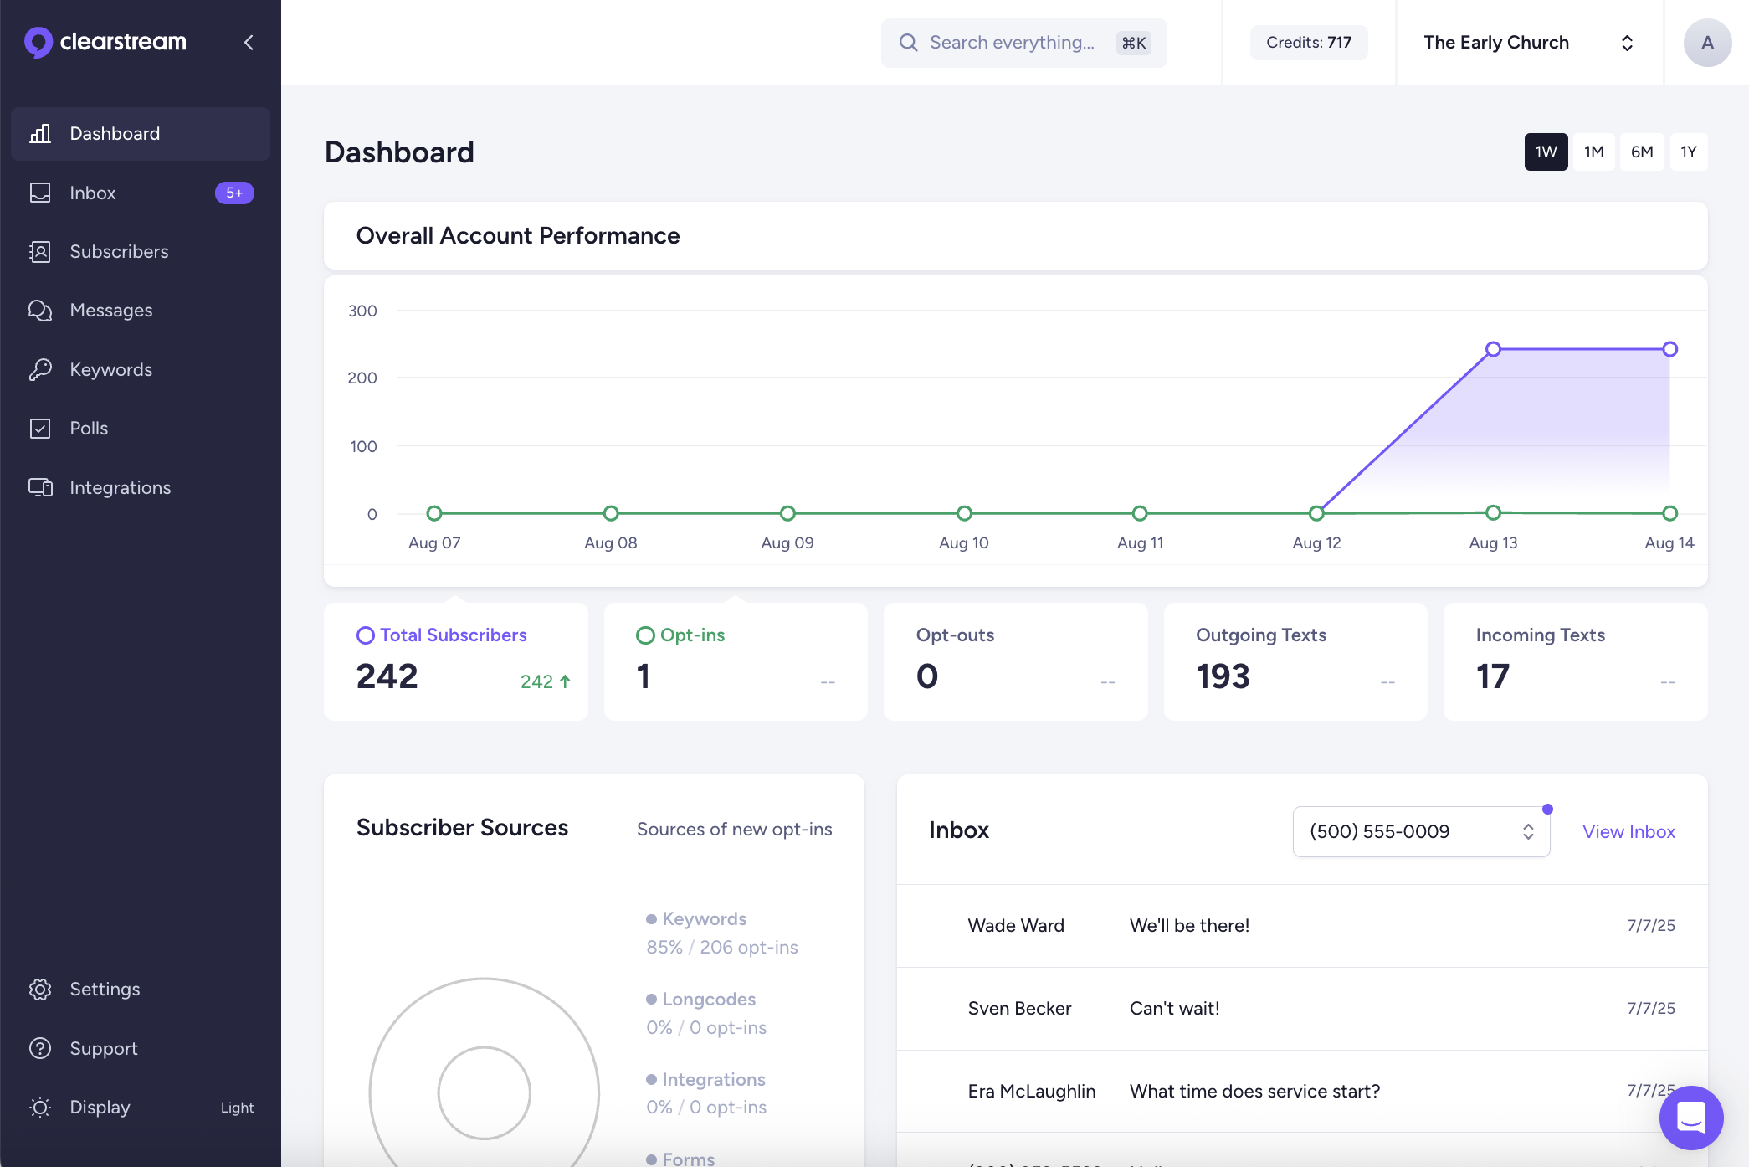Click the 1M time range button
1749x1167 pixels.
coord(1593,152)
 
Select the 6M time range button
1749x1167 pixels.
coord(1641,152)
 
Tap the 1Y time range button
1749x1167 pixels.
coord(1688,152)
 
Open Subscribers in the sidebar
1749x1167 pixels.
coord(119,251)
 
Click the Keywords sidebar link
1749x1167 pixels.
coord(110,369)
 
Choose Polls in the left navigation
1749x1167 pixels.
coord(89,428)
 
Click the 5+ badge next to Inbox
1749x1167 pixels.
coord(234,193)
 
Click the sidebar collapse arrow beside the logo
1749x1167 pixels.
coord(249,42)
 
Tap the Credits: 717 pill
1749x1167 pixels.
coord(1308,43)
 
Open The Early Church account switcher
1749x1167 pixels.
coord(1528,43)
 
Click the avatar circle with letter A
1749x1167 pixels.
coord(1706,43)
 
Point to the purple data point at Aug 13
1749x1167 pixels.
coord(1493,349)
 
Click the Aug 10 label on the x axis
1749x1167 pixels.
coord(963,542)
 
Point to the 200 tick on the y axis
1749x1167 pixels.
coord(362,378)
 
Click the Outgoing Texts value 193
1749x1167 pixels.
coord(1223,676)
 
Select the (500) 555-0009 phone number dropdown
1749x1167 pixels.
coord(1420,831)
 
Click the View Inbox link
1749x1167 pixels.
coord(1628,831)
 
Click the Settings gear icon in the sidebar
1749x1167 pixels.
coord(40,989)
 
